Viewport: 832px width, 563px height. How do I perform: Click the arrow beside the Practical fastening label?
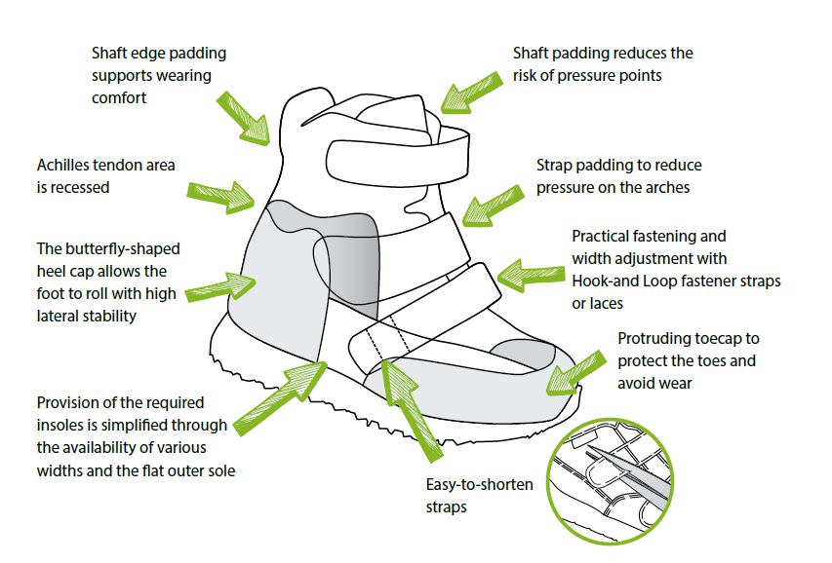(x=526, y=274)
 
